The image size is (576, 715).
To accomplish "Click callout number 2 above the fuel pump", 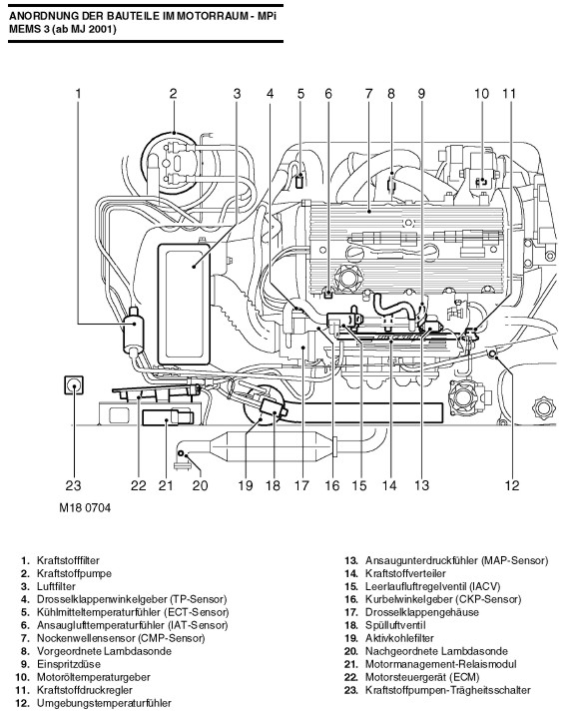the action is (x=173, y=94).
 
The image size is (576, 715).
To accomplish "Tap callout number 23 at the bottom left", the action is (x=73, y=485).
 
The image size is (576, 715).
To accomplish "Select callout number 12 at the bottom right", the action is (x=512, y=485).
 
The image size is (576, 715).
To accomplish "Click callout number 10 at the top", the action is (x=481, y=94).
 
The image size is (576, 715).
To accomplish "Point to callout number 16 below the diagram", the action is (x=332, y=485).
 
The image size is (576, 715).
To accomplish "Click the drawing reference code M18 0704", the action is (x=85, y=508).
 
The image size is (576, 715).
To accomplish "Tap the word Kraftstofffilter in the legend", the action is (x=68, y=560).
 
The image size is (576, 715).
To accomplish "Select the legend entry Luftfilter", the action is (x=56, y=586).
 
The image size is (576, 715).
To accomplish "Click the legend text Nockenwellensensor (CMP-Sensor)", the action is (x=121, y=638).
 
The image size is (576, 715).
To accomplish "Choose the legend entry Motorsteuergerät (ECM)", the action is (x=422, y=677).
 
